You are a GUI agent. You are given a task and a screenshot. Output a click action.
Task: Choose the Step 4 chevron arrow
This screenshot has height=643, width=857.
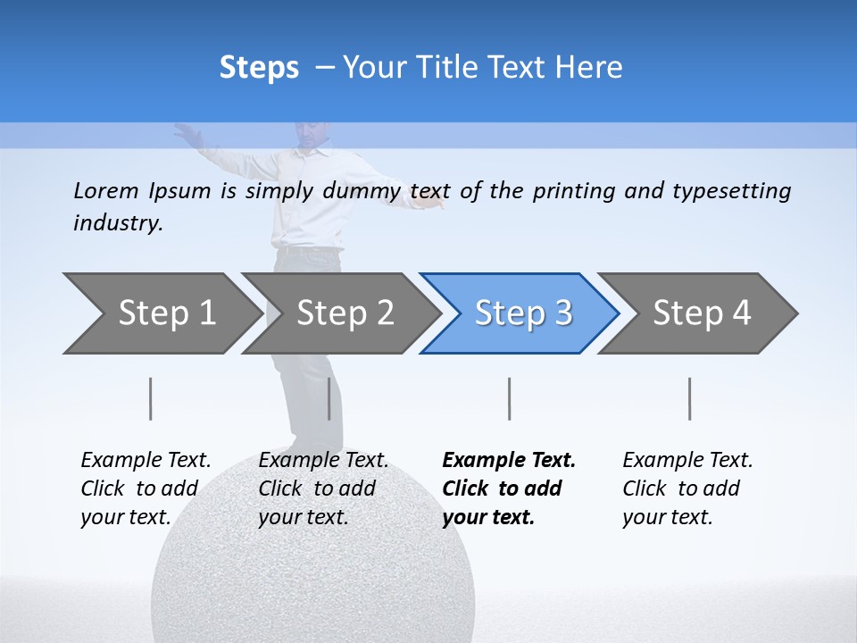pos(701,313)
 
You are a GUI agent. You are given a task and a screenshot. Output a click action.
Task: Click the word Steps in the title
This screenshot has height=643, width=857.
pos(259,68)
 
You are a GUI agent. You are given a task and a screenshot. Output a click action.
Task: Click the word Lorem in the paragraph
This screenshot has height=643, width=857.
pos(106,190)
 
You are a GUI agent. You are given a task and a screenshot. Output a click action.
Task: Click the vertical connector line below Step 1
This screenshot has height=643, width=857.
pos(151,398)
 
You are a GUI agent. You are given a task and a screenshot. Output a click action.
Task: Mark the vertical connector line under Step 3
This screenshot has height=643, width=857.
pos(509,398)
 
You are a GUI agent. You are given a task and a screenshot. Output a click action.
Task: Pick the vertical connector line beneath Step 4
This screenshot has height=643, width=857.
pos(689,398)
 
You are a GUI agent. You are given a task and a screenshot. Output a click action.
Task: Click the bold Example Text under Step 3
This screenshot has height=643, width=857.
pos(509,461)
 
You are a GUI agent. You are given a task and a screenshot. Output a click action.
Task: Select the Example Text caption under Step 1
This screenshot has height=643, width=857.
pos(146,461)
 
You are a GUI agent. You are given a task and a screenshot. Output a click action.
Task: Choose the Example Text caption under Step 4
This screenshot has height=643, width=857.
pos(687,461)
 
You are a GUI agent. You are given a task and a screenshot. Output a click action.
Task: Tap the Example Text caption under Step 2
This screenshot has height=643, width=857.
pos(323,461)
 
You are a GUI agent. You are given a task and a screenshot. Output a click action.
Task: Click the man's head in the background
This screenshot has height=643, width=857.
pos(308,134)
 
